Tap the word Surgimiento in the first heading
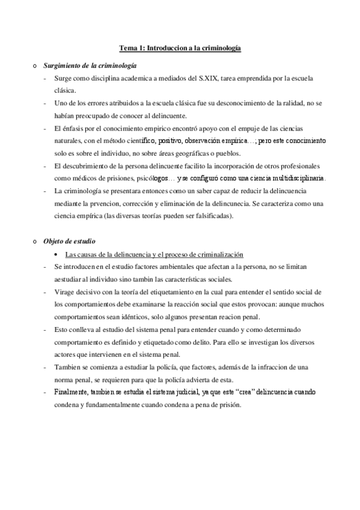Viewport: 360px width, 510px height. (x=63, y=64)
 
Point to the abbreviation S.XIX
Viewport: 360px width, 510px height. (x=201, y=79)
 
